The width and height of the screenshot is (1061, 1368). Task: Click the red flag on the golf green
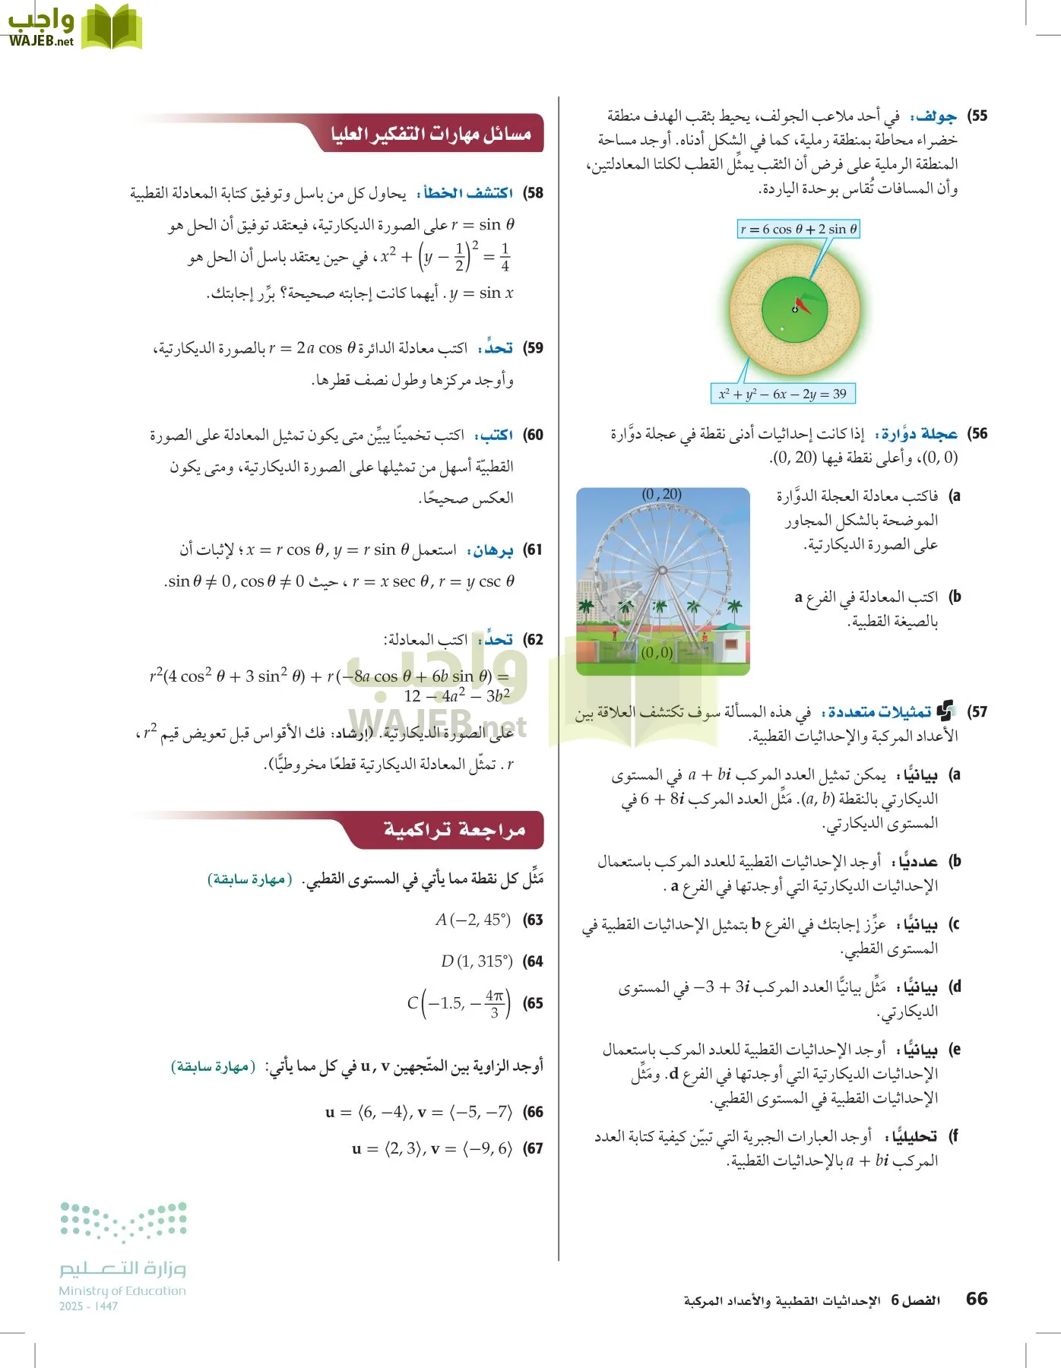pos(803,304)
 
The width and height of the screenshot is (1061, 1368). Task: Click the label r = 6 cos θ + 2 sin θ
pos(798,229)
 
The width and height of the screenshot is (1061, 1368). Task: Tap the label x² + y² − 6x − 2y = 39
pos(782,394)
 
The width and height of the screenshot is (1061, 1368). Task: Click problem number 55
pos(977,116)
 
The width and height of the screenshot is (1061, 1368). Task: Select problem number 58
pos(534,193)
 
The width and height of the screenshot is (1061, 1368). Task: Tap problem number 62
pos(534,640)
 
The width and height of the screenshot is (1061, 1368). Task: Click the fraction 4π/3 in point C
pos(494,1003)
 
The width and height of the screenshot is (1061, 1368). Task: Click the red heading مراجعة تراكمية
pos(454,830)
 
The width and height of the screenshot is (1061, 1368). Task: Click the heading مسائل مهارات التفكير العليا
pos(430,134)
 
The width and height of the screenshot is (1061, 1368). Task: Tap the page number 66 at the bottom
pos(977,1299)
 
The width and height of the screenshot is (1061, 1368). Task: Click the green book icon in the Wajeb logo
pos(111,27)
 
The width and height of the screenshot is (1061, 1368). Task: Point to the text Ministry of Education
pos(122,1290)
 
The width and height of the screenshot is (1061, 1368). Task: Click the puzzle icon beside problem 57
pos(945,711)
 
